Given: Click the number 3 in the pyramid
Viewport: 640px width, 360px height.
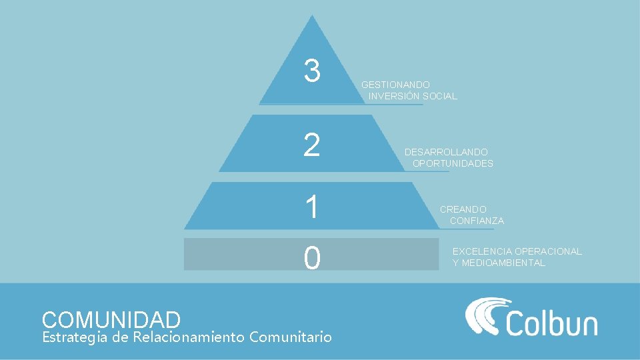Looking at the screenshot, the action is (x=311, y=71).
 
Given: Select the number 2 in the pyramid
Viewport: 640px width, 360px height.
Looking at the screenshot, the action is (x=311, y=145).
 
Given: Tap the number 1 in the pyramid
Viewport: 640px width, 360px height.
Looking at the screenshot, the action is (x=311, y=207).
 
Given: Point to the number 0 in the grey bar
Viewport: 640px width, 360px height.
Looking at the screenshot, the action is (x=311, y=258).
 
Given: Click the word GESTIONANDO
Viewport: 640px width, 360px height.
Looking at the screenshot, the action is (x=395, y=85).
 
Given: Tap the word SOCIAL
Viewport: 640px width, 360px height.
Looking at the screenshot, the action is (x=440, y=96).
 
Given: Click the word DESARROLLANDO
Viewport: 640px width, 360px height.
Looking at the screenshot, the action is (x=446, y=152).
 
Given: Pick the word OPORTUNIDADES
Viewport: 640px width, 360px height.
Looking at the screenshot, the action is (x=453, y=163).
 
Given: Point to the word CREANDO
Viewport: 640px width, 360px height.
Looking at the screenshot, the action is (x=463, y=209).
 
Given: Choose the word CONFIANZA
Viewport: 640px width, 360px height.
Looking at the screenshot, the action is (x=477, y=221).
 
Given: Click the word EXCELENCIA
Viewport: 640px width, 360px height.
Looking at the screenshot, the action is (x=482, y=251).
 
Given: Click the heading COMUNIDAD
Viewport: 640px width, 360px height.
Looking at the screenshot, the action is (x=111, y=319).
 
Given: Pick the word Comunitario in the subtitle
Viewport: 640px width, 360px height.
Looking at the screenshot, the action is (x=290, y=337).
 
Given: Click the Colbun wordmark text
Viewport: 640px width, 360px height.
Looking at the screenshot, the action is (x=551, y=323).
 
